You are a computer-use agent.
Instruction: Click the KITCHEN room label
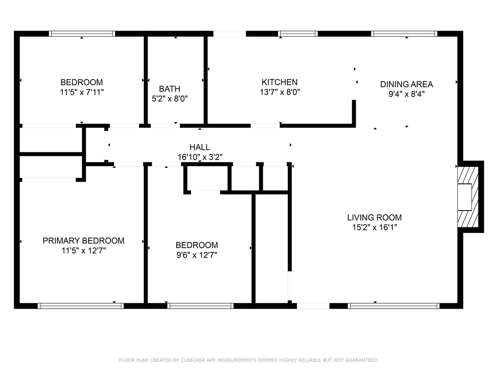[x=279, y=82]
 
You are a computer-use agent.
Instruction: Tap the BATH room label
[x=169, y=89]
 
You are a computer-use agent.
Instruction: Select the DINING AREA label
[x=406, y=84]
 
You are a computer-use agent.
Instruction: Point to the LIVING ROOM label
[x=374, y=218]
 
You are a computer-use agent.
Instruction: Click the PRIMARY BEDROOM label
[x=83, y=241]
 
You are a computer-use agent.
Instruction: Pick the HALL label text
[x=200, y=147]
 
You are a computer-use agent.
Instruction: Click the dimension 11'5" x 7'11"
[x=82, y=92]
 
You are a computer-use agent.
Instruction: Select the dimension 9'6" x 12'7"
[x=197, y=255]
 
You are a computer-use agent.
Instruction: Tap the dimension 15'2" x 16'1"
[x=374, y=228]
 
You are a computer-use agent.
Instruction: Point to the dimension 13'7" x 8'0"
[x=279, y=92]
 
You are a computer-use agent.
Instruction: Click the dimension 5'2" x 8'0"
[x=169, y=99]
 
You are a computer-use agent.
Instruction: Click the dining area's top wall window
[x=404, y=34]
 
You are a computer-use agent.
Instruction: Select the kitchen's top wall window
[x=298, y=34]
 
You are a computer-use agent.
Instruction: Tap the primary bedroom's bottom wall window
[x=81, y=306]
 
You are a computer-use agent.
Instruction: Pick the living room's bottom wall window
[x=394, y=306]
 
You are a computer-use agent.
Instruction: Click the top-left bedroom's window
[x=82, y=34]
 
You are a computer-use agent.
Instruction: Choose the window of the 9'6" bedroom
[x=200, y=306]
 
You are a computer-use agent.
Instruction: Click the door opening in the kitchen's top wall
[x=229, y=34]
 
